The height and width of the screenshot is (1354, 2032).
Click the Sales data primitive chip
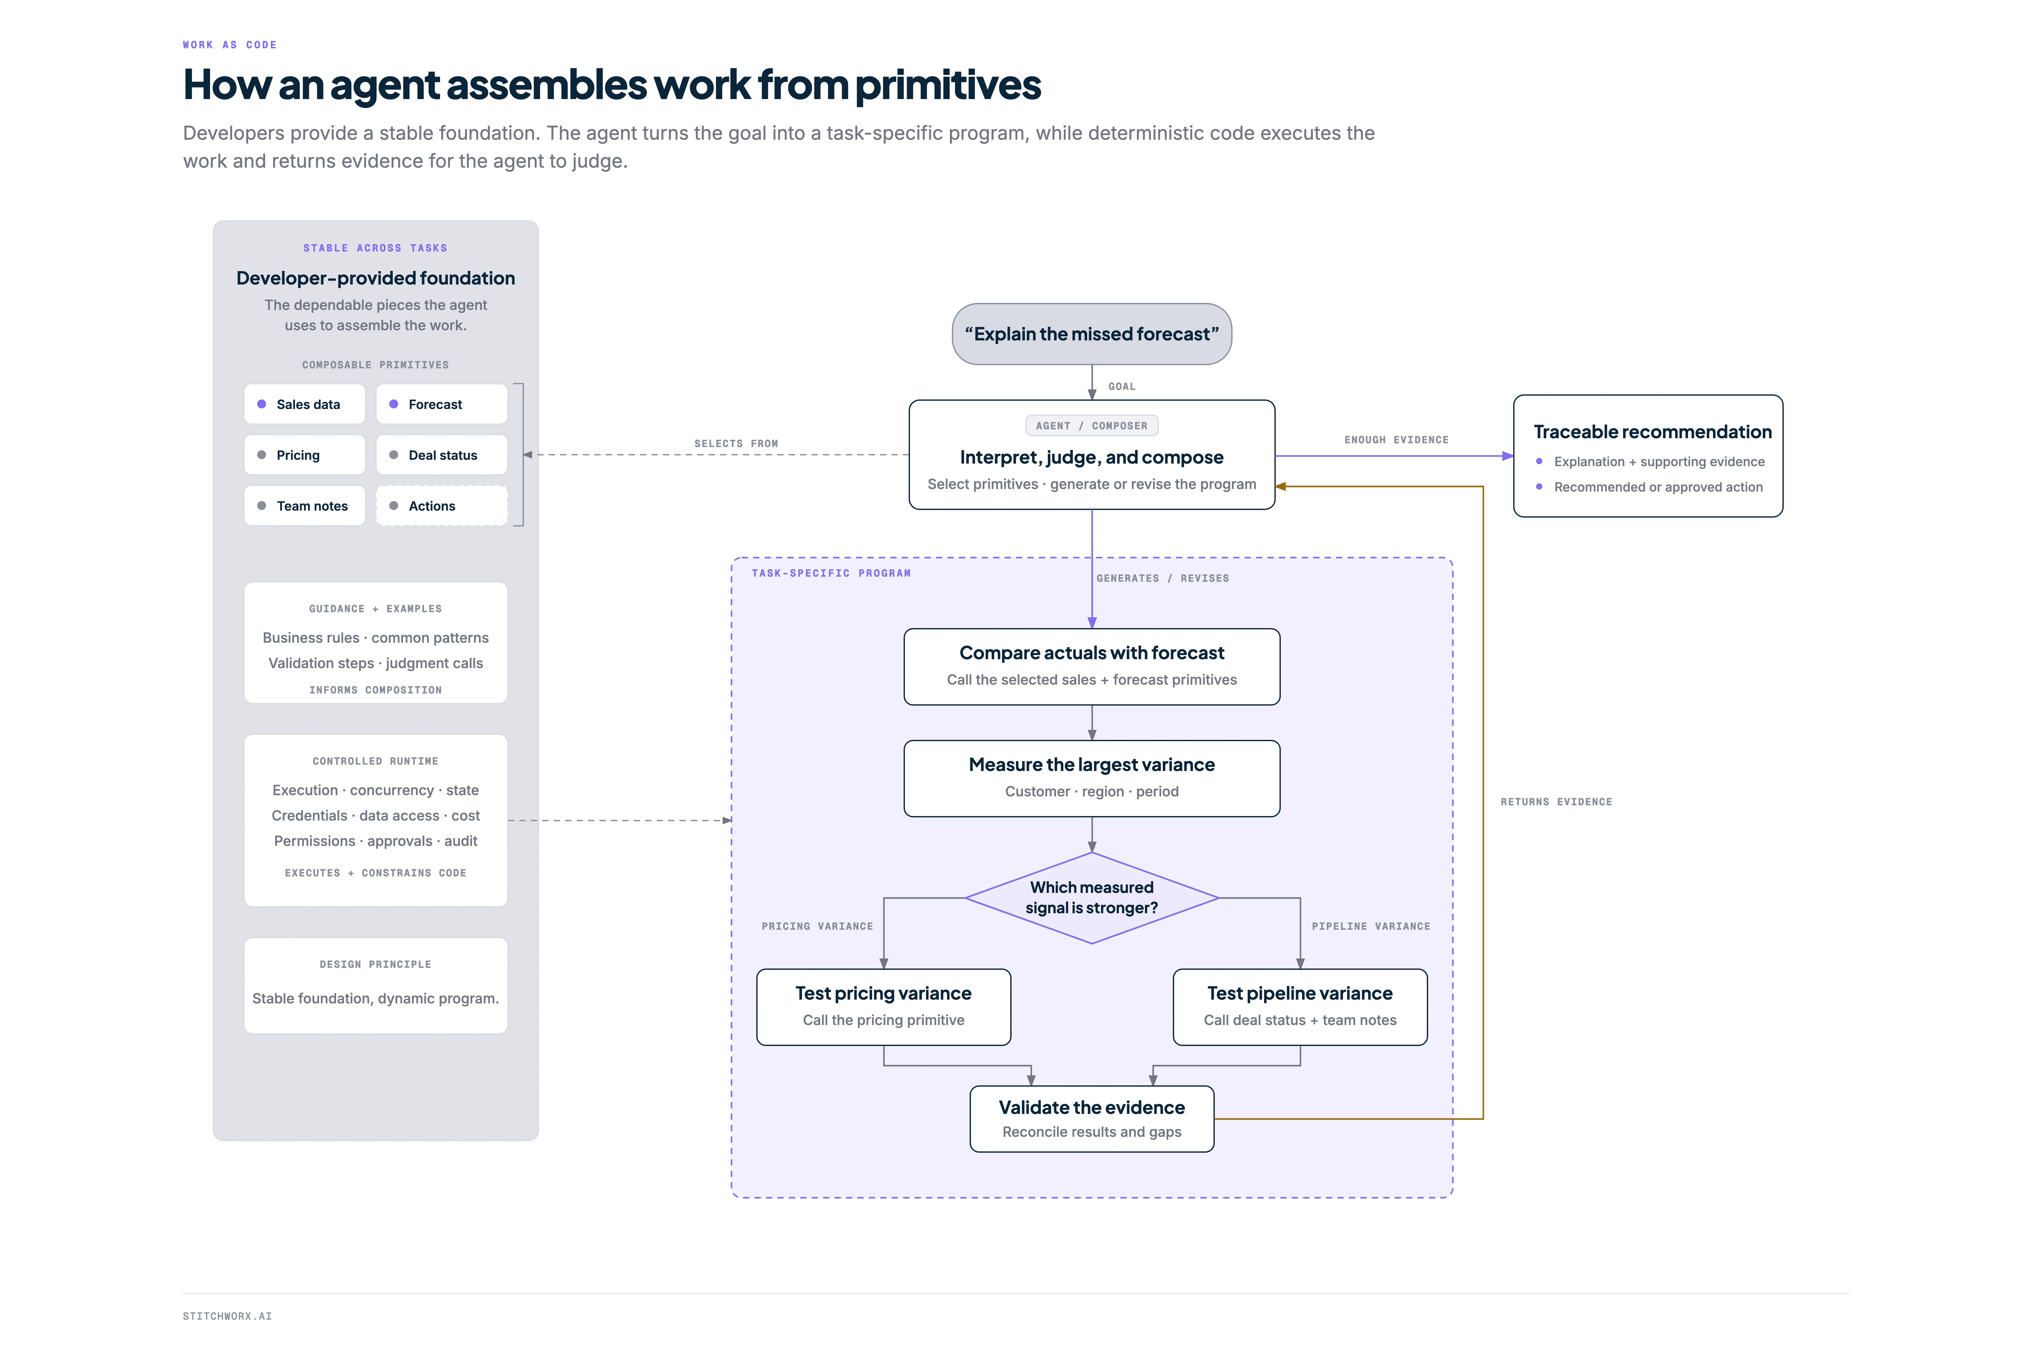pyautogui.click(x=304, y=404)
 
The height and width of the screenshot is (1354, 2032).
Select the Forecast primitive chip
pyautogui.click(x=441, y=404)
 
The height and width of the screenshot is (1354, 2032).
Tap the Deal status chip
pyautogui.click(x=441, y=455)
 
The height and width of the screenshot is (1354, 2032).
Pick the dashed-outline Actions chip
pyautogui.click(x=441, y=506)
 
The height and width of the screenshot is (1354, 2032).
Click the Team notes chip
pyautogui.click(x=304, y=506)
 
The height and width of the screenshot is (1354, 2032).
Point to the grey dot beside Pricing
pyautogui.click(x=262, y=455)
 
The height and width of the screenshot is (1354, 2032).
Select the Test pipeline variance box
pyautogui.click(x=1300, y=1007)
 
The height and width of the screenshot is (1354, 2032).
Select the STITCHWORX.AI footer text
pyautogui.click(x=227, y=1316)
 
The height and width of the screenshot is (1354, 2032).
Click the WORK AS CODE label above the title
pyautogui.click(x=230, y=45)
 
